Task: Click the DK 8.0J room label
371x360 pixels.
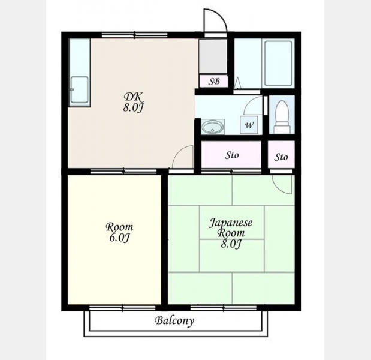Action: pos(134,102)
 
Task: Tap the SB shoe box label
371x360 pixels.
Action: pos(214,82)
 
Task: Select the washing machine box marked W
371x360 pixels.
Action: pos(249,125)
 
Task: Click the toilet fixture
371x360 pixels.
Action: pos(282,117)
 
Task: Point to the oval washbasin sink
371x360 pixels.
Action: pos(213,127)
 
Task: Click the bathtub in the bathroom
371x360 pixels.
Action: pos(278,63)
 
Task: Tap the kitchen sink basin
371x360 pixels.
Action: pos(80,90)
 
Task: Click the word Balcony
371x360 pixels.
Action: pos(174,321)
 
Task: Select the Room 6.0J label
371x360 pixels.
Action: pos(119,232)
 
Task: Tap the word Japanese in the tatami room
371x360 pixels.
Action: pos(231,223)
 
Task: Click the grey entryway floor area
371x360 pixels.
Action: pos(213,56)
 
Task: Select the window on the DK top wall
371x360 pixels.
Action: pos(135,35)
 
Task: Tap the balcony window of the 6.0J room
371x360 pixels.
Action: pos(122,308)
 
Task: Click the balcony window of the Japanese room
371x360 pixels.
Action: pos(224,308)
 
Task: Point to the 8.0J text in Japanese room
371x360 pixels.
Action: pos(231,244)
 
